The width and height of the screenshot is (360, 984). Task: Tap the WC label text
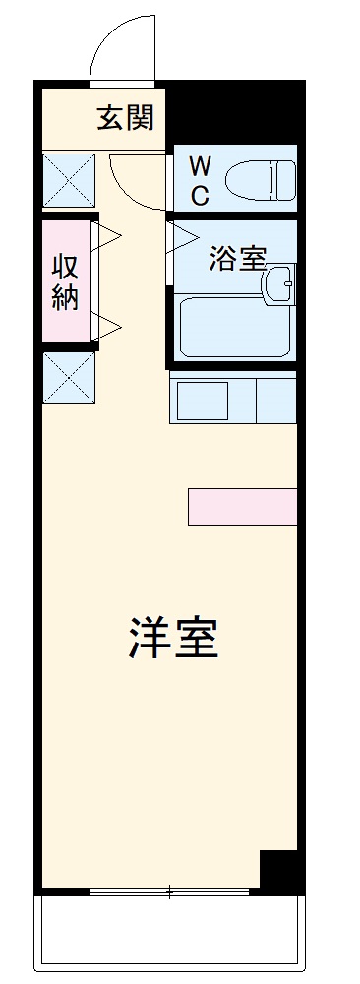(200, 180)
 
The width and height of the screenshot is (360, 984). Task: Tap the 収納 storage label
(65, 282)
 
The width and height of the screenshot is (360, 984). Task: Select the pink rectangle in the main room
(242, 506)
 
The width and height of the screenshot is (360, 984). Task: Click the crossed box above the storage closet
(68, 180)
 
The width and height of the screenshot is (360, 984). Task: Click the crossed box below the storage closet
(68, 379)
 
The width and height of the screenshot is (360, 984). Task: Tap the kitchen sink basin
(202, 400)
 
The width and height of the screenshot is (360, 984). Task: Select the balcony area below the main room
(167, 935)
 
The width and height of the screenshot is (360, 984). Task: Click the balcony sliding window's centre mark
(169, 893)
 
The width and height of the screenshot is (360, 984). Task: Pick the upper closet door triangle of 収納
(107, 234)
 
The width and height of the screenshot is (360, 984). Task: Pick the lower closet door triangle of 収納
(107, 324)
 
